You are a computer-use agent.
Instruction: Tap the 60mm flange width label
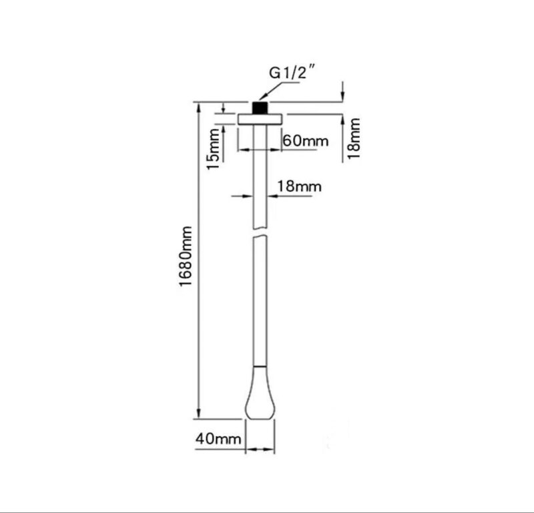pyautogui.click(x=306, y=141)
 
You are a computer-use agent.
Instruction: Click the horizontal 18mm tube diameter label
pyautogui.click(x=298, y=186)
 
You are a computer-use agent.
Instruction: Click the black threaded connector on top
pyautogui.click(x=260, y=108)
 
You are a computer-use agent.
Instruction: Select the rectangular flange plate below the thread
pyautogui.click(x=260, y=119)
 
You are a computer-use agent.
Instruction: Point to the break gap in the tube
pyautogui.click(x=260, y=237)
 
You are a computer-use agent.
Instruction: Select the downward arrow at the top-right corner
pyautogui.click(x=342, y=97)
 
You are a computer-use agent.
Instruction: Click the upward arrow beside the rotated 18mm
pyautogui.click(x=342, y=120)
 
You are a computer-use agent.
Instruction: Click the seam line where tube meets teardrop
pyautogui.click(x=260, y=366)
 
